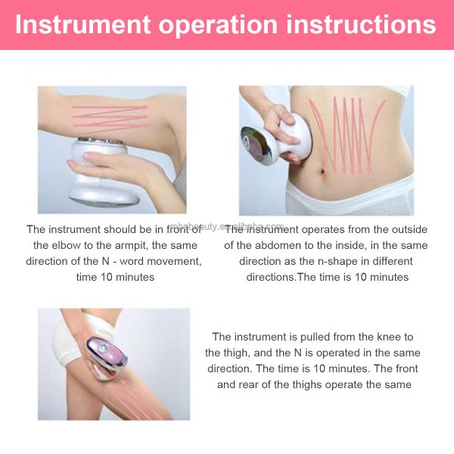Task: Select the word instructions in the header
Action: pos(372,24)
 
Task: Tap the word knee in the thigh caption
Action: pos(390,337)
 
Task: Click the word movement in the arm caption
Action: pos(176,261)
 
